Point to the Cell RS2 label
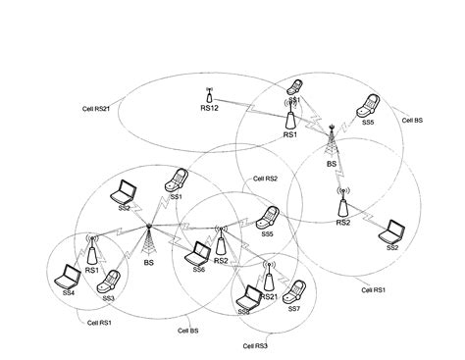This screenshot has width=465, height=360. (x=266, y=180)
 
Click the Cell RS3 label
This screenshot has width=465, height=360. (x=254, y=346)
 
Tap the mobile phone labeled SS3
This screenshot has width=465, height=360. (x=112, y=282)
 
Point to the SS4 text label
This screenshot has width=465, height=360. (x=69, y=292)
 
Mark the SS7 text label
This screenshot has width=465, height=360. (x=293, y=309)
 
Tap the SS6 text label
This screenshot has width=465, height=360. (x=198, y=270)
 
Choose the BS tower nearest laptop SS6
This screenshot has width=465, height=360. (x=149, y=239)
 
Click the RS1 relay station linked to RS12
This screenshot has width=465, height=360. (x=290, y=117)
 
